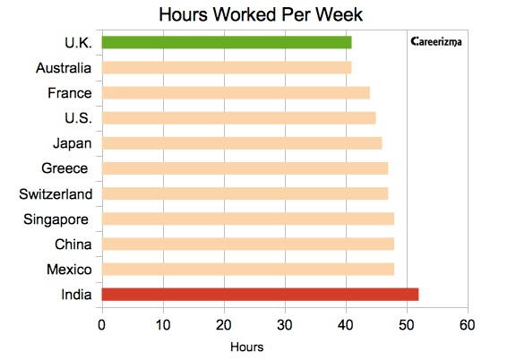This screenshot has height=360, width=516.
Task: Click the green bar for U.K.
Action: pos(227,42)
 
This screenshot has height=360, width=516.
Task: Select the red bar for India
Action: pos(261,295)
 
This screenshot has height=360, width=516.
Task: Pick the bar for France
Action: pos(236,93)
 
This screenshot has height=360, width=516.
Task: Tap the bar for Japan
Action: pos(242,143)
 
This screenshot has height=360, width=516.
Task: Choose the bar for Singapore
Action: pos(248,219)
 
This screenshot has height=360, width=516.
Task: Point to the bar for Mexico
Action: pos(248,270)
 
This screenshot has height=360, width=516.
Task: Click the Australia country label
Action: pos(64,68)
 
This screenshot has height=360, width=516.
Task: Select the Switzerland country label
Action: pos(56,194)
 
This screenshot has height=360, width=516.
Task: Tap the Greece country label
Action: pos(64,168)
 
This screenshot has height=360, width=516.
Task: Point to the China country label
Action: pos(73,244)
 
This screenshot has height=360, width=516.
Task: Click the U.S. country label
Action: pos(78,118)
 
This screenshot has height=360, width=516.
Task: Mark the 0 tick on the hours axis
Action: pos(102,325)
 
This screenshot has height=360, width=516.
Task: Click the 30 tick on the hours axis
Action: pos(285,325)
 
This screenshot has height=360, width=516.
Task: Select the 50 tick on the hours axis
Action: pos(407,325)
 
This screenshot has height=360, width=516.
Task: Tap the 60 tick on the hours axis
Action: pos(468,325)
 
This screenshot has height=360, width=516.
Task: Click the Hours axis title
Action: pos(247,347)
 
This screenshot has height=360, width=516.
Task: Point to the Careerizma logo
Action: pos(436,42)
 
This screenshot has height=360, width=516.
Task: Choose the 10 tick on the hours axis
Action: pos(163,325)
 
